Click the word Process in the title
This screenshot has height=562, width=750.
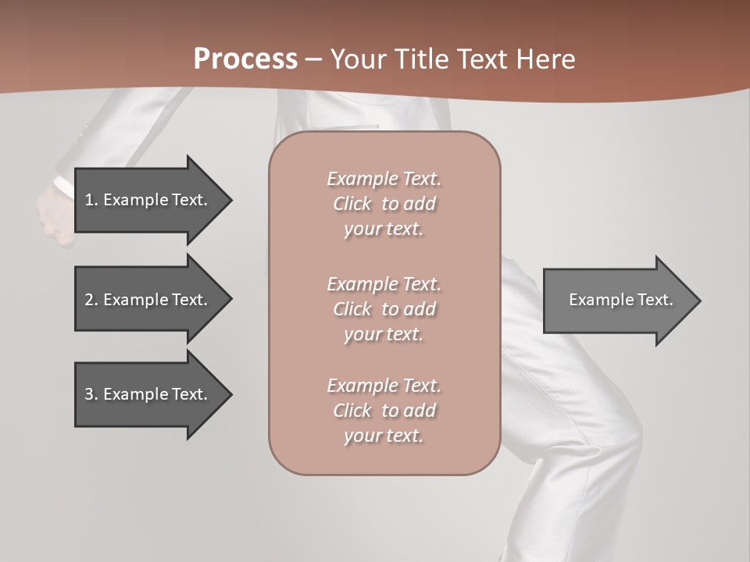tap(245, 59)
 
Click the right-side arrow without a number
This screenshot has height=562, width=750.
tap(621, 300)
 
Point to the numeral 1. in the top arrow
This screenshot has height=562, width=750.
tap(91, 200)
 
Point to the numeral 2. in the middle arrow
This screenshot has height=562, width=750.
tap(91, 300)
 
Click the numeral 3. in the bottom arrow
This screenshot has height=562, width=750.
tap(91, 394)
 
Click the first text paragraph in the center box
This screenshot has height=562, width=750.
tap(384, 204)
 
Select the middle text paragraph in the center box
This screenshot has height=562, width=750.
tap(384, 309)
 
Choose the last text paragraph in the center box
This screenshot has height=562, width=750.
tap(384, 411)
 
